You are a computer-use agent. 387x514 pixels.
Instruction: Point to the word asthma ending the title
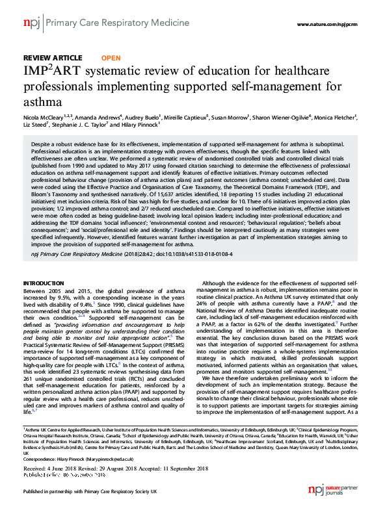coord(42,102)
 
